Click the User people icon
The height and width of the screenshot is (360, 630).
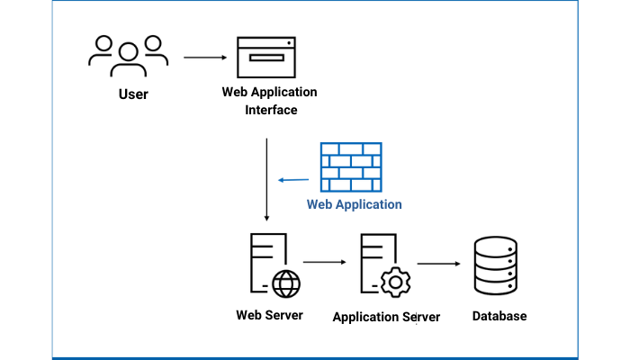click(x=129, y=57)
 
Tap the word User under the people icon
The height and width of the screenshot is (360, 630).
click(x=133, y=94)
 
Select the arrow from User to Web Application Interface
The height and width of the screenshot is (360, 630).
click(x=205, y=58)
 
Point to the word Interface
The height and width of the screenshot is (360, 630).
click(x=271, y=110)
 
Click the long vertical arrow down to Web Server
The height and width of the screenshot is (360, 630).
click(x=266, y=180)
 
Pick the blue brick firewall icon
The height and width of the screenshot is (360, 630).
click(x=351, y=167)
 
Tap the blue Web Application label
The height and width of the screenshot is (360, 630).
click(x=355, y=205)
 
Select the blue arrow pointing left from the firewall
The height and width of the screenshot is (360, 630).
click(x=293, y=180)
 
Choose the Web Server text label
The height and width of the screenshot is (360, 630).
click(x=270, y=315)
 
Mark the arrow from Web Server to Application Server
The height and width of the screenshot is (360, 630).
click(x=324, y=263)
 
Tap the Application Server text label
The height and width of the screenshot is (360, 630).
click(x=386, y=317)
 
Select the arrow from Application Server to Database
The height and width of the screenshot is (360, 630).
click(x=438, y=265)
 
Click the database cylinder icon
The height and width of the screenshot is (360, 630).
click(x=495, y=266)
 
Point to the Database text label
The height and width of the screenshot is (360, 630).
click(x=499, y=316)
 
